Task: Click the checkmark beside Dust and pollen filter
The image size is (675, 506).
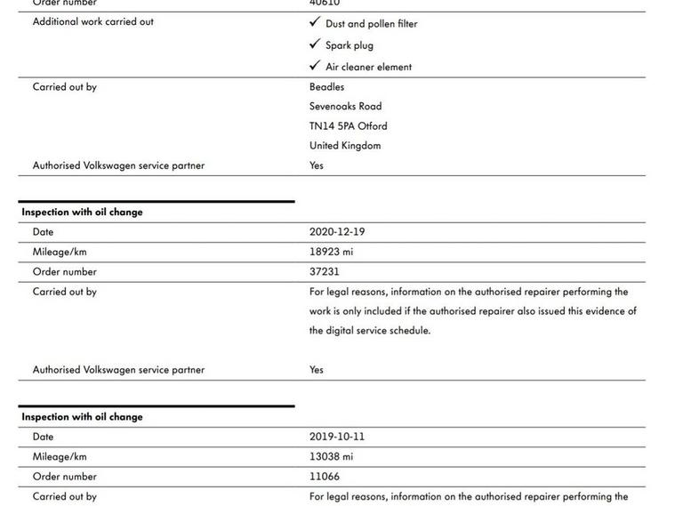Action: [315, 23]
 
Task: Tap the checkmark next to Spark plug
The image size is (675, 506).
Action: [315, 44]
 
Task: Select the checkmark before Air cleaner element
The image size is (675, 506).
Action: [315, 66]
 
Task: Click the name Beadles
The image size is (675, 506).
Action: [326, 87]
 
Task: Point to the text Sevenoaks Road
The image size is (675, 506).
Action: [345, 107]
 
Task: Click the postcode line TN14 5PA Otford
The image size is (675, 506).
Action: [348, 126]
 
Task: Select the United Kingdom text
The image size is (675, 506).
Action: [344, 146]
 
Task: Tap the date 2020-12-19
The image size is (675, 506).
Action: [337, 232]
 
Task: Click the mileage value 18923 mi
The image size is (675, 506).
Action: [331, 252]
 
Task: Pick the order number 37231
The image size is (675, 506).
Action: [324, 271]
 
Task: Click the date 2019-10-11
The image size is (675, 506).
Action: [337, 437]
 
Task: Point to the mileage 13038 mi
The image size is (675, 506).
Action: [331, 456]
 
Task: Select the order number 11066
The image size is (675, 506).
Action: [324, 476]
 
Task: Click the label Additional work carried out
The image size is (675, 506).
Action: [92, 21]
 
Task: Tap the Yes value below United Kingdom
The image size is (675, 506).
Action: [317, 165]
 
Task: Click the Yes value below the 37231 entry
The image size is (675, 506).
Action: [317, 370]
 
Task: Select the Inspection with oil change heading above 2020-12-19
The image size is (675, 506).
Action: [82, 213]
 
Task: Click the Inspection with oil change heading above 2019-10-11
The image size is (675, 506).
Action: [82, 417]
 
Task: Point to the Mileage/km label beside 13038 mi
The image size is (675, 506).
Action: [60, 456]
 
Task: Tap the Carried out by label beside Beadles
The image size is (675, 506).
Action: [64, 87]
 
